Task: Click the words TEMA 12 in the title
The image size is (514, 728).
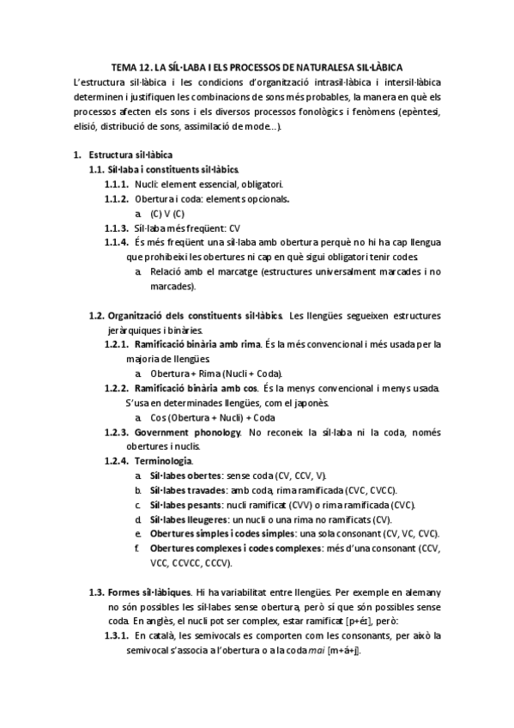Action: pyautogui.click(x=130, y=67)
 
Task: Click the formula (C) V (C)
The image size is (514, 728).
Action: pyautogui.click(x=167, y=213)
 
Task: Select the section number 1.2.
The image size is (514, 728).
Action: pyautogui.click(x=98, y=315)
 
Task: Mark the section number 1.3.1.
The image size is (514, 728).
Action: pyautogui.click(x=116, y=636)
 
